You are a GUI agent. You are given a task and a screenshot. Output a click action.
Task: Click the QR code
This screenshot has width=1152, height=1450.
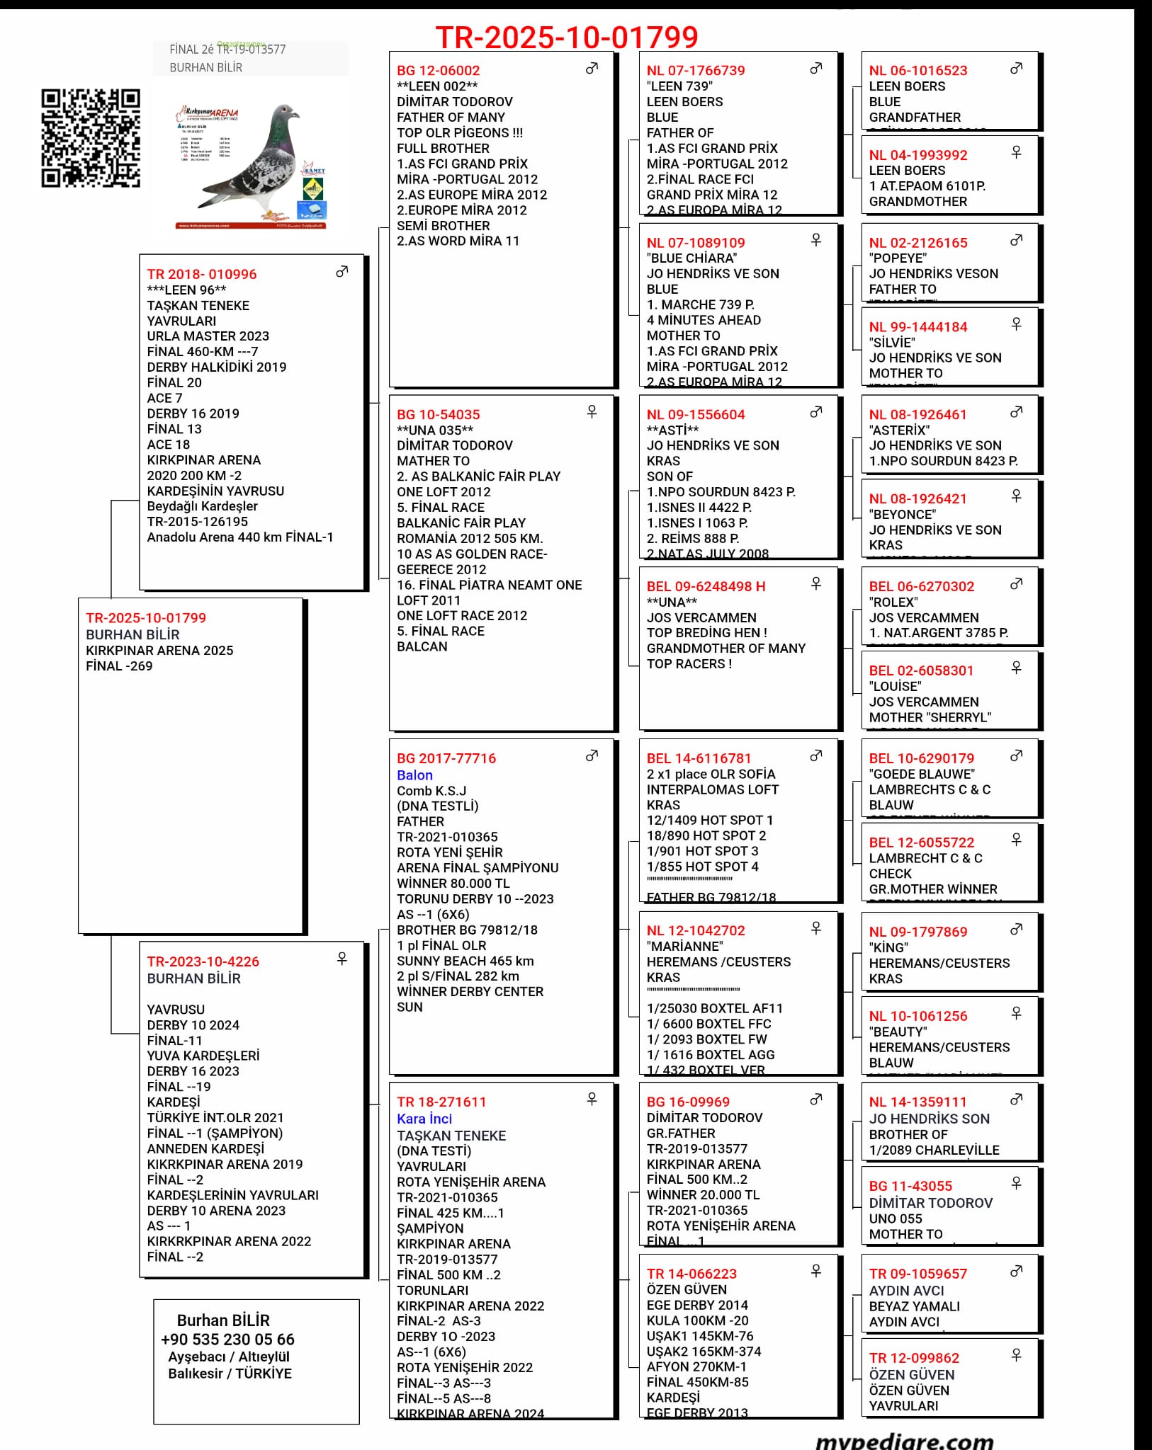pyautogui.click(x=90, y=138)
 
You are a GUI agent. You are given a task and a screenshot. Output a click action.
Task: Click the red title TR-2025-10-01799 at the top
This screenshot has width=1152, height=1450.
pyautogui.click(x=567, y=37)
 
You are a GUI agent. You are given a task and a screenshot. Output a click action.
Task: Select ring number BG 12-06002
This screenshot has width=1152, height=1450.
pyautogui.click(x=438, y=71)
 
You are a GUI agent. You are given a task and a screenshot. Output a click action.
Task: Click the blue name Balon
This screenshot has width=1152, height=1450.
pyautogui.click(x=414, y=775)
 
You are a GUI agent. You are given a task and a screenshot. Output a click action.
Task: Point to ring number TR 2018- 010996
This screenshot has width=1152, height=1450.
pyautogui.click(x=201, y=275)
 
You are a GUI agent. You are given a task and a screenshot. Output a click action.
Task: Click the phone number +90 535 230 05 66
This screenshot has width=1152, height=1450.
pyautogui.click(x=227, y=1340)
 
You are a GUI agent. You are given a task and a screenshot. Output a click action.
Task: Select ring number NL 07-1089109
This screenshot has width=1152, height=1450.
pyautogui.click(x=696, y=243)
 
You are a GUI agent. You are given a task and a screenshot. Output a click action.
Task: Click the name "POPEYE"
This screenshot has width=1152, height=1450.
pyautogui.click(x=898, y=258)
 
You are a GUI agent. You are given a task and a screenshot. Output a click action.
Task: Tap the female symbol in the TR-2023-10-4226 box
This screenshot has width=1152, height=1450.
pyautogui.click(x=341, y=959)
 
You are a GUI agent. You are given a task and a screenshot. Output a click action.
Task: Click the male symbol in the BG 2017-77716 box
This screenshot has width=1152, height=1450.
pyautogui.click(x=592, y=756)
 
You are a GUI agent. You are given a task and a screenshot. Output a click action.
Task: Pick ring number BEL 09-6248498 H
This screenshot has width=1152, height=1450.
pyautogui.click(x=706, y=587)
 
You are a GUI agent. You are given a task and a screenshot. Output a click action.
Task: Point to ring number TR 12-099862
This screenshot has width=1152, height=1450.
pyautogui.click(x=914, y=1358)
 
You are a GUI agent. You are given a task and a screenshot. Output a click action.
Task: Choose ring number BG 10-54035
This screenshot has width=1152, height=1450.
pyautogui.click(x=438, y=415)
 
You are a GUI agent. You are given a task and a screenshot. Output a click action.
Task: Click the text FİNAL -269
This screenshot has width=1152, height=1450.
pyautogui.click(x=119, y=666)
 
